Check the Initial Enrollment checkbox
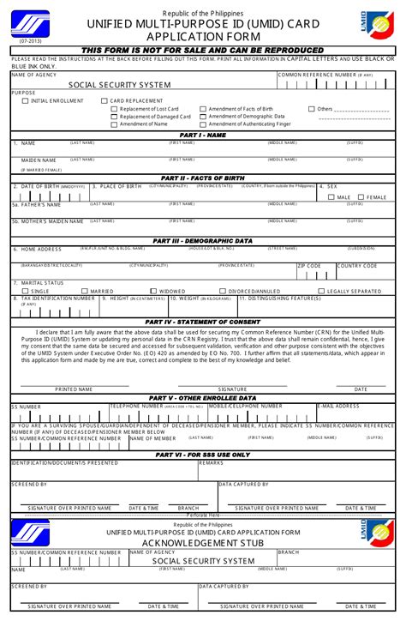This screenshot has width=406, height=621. (x=25, y=101)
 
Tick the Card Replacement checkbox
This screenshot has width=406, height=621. (x=104, y=101)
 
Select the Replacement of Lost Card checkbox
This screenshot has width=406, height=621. (x=114, y=109)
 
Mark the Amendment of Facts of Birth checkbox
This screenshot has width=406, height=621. (x=203, y=109)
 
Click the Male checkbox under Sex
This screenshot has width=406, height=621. (x=331, y=197)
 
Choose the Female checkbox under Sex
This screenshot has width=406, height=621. (x=361, y=197)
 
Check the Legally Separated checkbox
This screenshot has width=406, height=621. (x=321, y=291)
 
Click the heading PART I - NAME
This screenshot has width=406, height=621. (x=202, y=135)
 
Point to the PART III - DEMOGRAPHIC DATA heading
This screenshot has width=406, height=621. (x=202, y=241)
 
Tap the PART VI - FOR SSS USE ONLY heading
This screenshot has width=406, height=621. (x=202, y=455)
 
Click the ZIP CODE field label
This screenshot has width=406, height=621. (x=309, y=266)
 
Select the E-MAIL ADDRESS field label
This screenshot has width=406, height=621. (x=338, y=406)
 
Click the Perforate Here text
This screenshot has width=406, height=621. (x=203, y=515)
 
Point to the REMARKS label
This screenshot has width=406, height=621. (x=212, y=462)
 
